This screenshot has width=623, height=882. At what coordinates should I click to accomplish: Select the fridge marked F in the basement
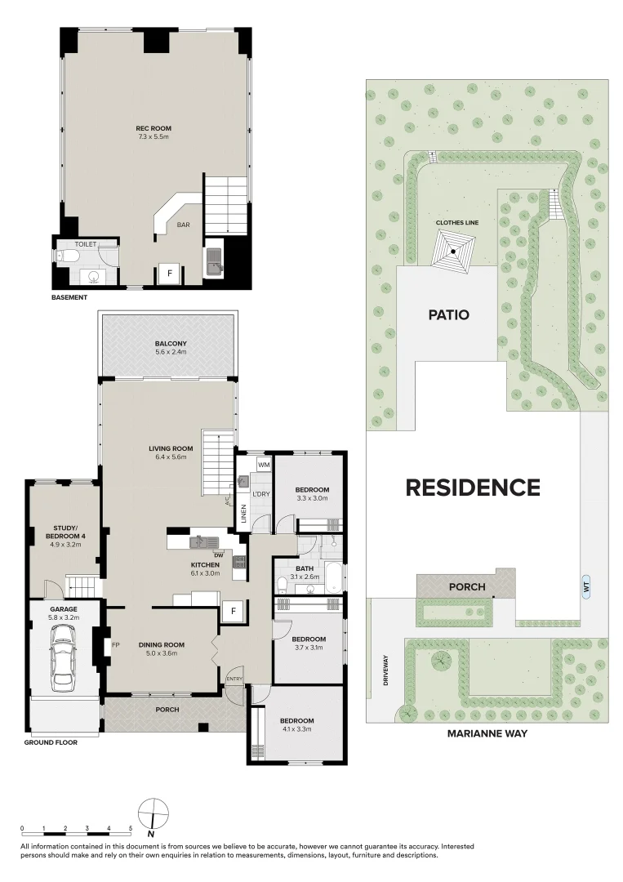click(x=169, y=273)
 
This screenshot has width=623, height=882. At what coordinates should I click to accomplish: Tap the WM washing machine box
click(x=263, y=465)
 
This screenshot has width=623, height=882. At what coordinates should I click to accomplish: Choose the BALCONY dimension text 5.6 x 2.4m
click(x=170, y=353)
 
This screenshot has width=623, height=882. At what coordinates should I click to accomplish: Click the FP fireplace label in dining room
click(x=117, y=644)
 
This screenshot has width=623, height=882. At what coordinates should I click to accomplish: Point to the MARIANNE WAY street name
click(x=487, y=733)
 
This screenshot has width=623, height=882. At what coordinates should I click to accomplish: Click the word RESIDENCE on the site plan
click(x=473, y=488)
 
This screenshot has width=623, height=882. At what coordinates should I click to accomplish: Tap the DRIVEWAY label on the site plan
click(x=389, y=670)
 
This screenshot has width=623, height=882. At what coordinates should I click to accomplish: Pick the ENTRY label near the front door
click(x=234, y=678)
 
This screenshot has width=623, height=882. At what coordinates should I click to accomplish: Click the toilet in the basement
click(x=69, y=257)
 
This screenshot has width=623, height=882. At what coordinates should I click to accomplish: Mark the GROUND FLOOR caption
click(x=51, y=743)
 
